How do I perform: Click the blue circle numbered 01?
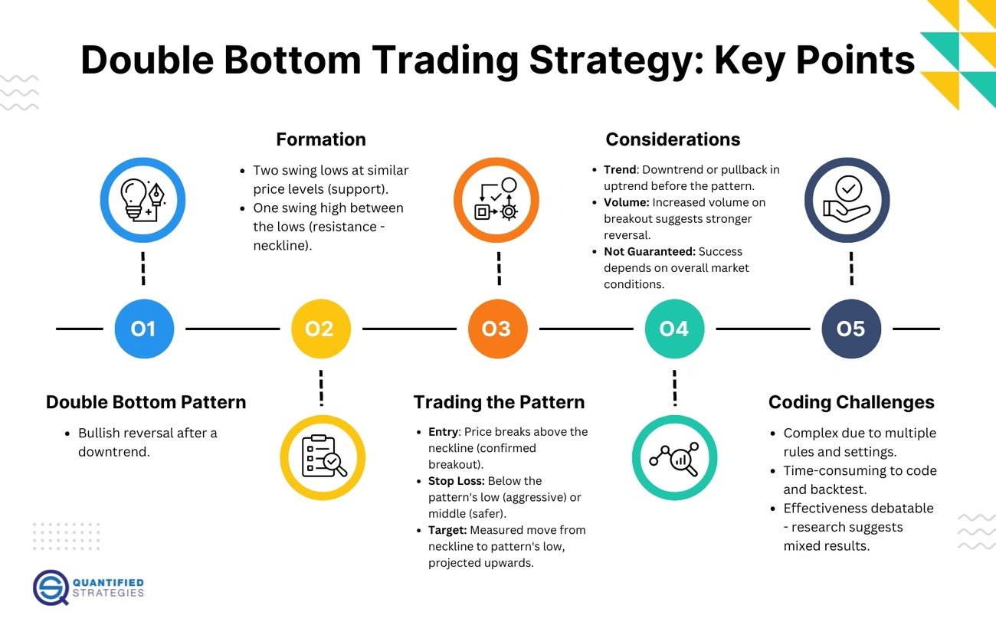[144, 329]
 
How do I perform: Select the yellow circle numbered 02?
[320, 329]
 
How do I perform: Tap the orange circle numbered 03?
[497, 329]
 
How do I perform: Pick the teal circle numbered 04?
[674, 329]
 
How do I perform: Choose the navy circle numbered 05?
[850, 329]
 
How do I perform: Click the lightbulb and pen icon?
[144, 201]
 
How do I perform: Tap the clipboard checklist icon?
[322, 457]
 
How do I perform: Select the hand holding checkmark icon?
[847, 201]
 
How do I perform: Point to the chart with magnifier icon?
[674, 457]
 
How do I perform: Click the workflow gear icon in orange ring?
[496, 201]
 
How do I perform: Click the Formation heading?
[320, 139]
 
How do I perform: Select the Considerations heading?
[673, 139]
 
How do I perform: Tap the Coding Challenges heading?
[851, 402]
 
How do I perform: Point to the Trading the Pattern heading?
[499, 402]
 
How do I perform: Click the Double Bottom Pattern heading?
[146, 402]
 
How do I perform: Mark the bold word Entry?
[444, 432]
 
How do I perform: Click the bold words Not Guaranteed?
[644, 251]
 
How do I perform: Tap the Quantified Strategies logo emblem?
[51, 587]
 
